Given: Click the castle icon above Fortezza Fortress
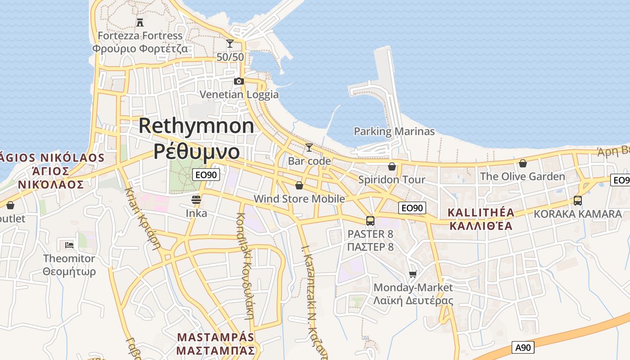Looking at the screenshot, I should click(x=140, y=22).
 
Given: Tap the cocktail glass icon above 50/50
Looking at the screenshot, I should click(x=230, y=44).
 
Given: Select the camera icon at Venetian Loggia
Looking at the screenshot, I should click(x=239, y=81).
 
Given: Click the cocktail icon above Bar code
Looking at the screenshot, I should click(x=309, y=147).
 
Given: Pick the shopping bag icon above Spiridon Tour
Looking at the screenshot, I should click(x=392, y=166).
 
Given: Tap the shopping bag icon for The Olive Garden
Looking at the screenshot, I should click(x=522, y=163).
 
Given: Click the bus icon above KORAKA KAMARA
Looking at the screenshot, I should click(x=578, y=201).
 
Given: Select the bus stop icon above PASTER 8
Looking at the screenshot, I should click(x=370, y=221).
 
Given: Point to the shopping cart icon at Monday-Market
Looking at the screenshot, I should click(x=413, y=274).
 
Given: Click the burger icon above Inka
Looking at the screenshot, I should click(x=196, y=199).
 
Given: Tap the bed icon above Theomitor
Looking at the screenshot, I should click(x=69, y=245).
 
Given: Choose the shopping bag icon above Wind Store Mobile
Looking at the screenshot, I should click(x=299, y=185).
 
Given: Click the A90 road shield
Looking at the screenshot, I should click(x=523, y=347).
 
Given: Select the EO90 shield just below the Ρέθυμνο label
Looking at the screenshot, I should click(x=206, y=175).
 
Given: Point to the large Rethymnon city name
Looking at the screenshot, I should click(x=196, y=126).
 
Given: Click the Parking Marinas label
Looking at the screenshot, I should click(x=394, y=131).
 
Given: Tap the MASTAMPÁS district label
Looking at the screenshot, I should click(x=216, y=337).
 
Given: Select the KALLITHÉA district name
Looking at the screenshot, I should click(x=481, y=212).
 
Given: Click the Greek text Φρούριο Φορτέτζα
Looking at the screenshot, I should click(x=140, y=49).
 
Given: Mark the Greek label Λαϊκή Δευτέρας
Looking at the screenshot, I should click(x=413, y=301).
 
